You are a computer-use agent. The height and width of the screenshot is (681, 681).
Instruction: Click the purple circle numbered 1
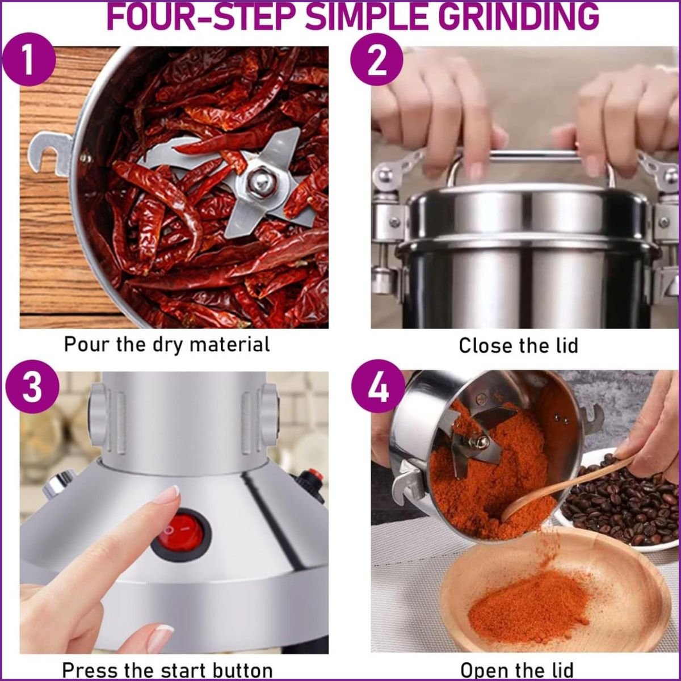[30, 60]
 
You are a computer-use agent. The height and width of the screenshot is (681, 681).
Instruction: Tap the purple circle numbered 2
[377, 60]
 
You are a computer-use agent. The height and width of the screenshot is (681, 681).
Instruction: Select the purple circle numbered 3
[32, 386]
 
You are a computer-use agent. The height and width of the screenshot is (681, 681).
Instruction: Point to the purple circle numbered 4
[379, 386]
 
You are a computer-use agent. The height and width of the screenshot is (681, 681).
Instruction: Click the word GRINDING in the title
[514, 16]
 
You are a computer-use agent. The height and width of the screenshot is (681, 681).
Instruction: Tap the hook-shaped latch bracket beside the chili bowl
[50, 153]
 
